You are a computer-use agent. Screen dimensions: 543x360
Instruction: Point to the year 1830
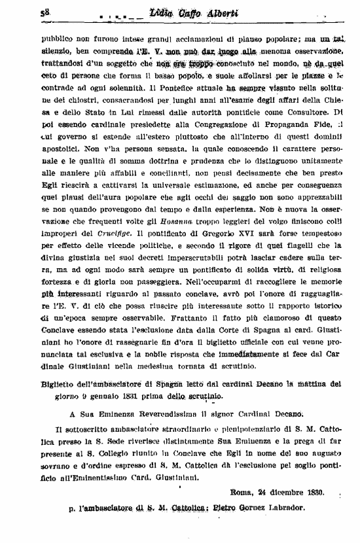(x=309, y=492)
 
